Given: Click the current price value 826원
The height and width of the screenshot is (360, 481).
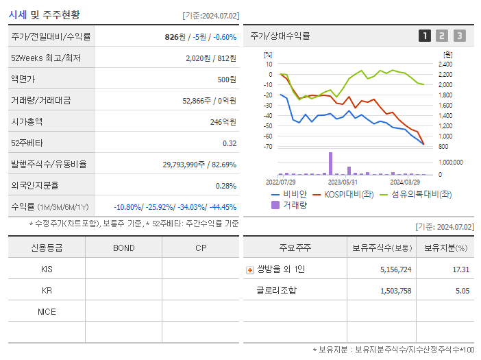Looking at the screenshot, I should pos(176,36).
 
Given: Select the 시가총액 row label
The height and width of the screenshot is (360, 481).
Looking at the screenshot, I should pos(27,121).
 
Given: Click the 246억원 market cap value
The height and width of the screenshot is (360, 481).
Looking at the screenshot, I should pos(224,121).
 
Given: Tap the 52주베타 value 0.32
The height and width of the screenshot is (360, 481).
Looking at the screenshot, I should pos(229,143).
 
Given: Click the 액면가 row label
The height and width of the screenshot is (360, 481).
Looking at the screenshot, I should pos(23,79).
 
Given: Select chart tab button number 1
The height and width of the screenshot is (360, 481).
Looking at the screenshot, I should pos(425,36).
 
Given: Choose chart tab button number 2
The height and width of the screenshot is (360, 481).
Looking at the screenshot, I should pos(442,36).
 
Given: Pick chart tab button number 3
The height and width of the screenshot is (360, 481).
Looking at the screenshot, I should pos(459,36).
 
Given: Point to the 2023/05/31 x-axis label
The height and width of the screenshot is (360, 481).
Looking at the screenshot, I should pos(343,182).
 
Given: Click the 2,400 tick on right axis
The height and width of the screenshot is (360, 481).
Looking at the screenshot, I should pos(445,64).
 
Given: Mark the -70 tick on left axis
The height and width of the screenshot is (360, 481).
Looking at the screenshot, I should pos(268,147).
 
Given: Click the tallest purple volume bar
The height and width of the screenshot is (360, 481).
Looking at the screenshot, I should pos(330,163).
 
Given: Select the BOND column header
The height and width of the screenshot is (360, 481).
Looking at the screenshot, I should pos(123,248).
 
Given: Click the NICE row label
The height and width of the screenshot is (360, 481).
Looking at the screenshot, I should pos(47,311).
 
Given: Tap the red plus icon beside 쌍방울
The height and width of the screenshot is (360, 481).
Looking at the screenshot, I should pos(250,269).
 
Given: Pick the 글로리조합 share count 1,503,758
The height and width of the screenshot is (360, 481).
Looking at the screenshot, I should pos(395,290).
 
